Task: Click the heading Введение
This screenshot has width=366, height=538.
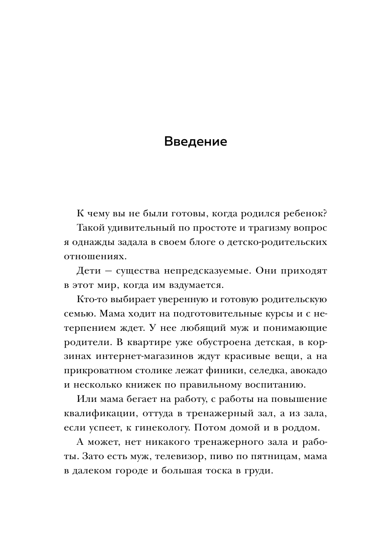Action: tap(196, 142)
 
